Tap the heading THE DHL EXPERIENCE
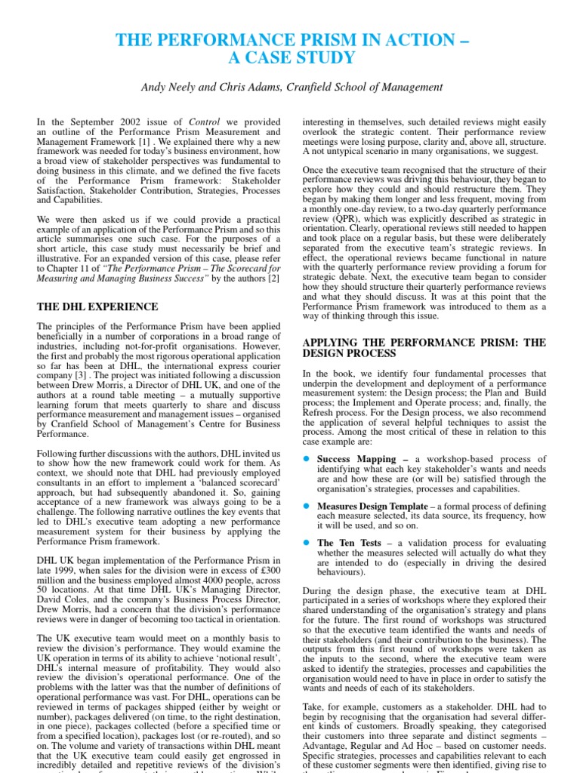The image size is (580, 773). click(x=97, y=306)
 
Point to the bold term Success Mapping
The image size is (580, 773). click(x=356, y=458)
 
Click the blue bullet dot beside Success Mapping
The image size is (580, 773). click(x=307, y=459)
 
